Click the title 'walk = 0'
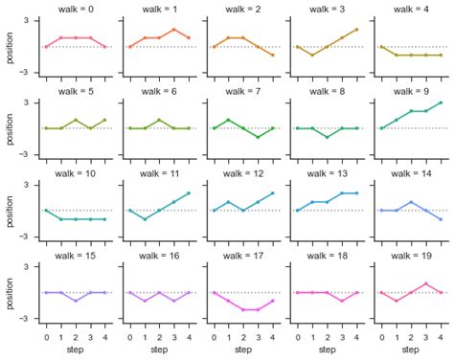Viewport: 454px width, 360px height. (x=76, y=10)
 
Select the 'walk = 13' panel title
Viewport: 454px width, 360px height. (x=328, y=173)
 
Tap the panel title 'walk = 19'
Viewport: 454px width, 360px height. (x=411, y=256)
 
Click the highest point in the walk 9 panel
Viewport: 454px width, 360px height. (x=441, y=102)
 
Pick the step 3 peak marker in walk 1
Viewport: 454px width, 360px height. (x=174, y=30)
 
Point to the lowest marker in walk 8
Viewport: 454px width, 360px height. (x=328, y=137)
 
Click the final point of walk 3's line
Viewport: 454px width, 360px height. (x=356, y=30)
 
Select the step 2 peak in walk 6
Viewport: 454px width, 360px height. (x=159, y=120)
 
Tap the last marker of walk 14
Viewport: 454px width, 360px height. (x=441, y=219)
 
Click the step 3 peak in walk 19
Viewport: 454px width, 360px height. (x=426, y=283)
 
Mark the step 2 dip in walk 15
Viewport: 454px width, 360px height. (x=76, y=301)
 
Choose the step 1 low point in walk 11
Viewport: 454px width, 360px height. (x=145, y=219)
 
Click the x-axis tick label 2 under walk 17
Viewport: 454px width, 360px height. (x=243, y=337)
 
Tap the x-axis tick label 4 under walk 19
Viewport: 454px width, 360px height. (x=441, y=337)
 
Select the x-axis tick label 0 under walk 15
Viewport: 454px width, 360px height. (x=47, y=337)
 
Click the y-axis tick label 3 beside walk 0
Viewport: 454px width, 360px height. (x=26, y=20)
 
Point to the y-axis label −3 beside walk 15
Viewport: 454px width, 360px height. (x=24, y=319)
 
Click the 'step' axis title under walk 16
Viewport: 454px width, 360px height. (x=159, y=349)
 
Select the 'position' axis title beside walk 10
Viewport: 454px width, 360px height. (x=10, y=212)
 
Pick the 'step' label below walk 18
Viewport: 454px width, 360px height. (x=328, y=349)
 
